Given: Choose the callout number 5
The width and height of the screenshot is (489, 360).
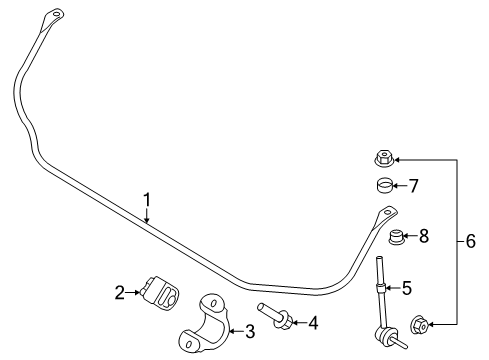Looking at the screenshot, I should tap(407, 288).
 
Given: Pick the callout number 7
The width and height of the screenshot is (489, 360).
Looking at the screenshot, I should tap(413, 185).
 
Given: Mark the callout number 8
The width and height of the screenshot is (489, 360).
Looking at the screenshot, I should tap(424, 237).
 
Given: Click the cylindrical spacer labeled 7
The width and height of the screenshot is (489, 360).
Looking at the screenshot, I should tap(381, 185).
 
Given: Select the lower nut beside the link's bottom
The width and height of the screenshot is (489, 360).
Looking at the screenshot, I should tap(420, 322).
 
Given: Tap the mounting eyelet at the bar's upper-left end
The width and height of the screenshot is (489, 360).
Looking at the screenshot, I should tap(54, 16).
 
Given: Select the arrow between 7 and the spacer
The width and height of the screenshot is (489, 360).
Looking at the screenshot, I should tap(399, 185).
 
